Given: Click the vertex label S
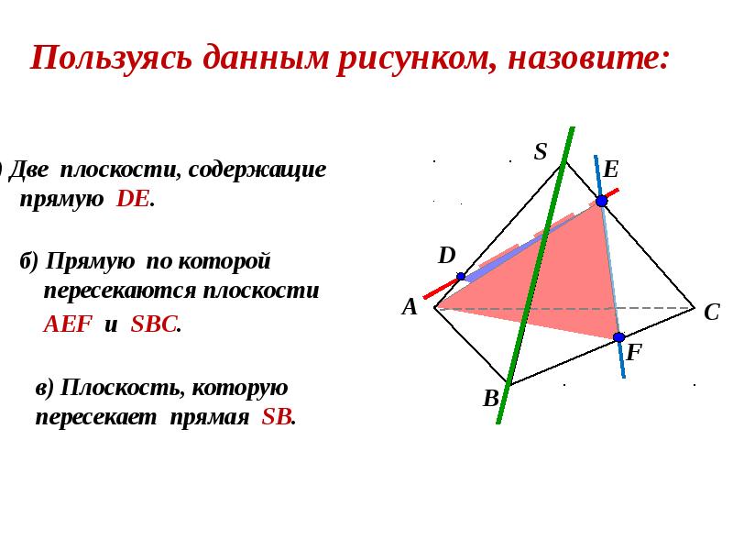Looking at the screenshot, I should pos(541,152).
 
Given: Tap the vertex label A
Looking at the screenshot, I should pos(410,307).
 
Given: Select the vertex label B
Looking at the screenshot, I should pos(491,399).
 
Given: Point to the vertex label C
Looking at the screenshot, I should pos(711,313).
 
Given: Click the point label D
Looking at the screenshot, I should pos(446,256).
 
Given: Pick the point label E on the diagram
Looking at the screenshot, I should pos(611,170).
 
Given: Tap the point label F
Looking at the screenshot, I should pos(634,352).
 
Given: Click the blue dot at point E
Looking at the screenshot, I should pos(601,201).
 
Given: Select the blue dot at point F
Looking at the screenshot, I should pos(618,337).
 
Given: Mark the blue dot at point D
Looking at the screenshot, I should pos(461,276).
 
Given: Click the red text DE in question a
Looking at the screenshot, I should pos(134,201).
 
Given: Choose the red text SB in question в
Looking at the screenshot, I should pos(277,417).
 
